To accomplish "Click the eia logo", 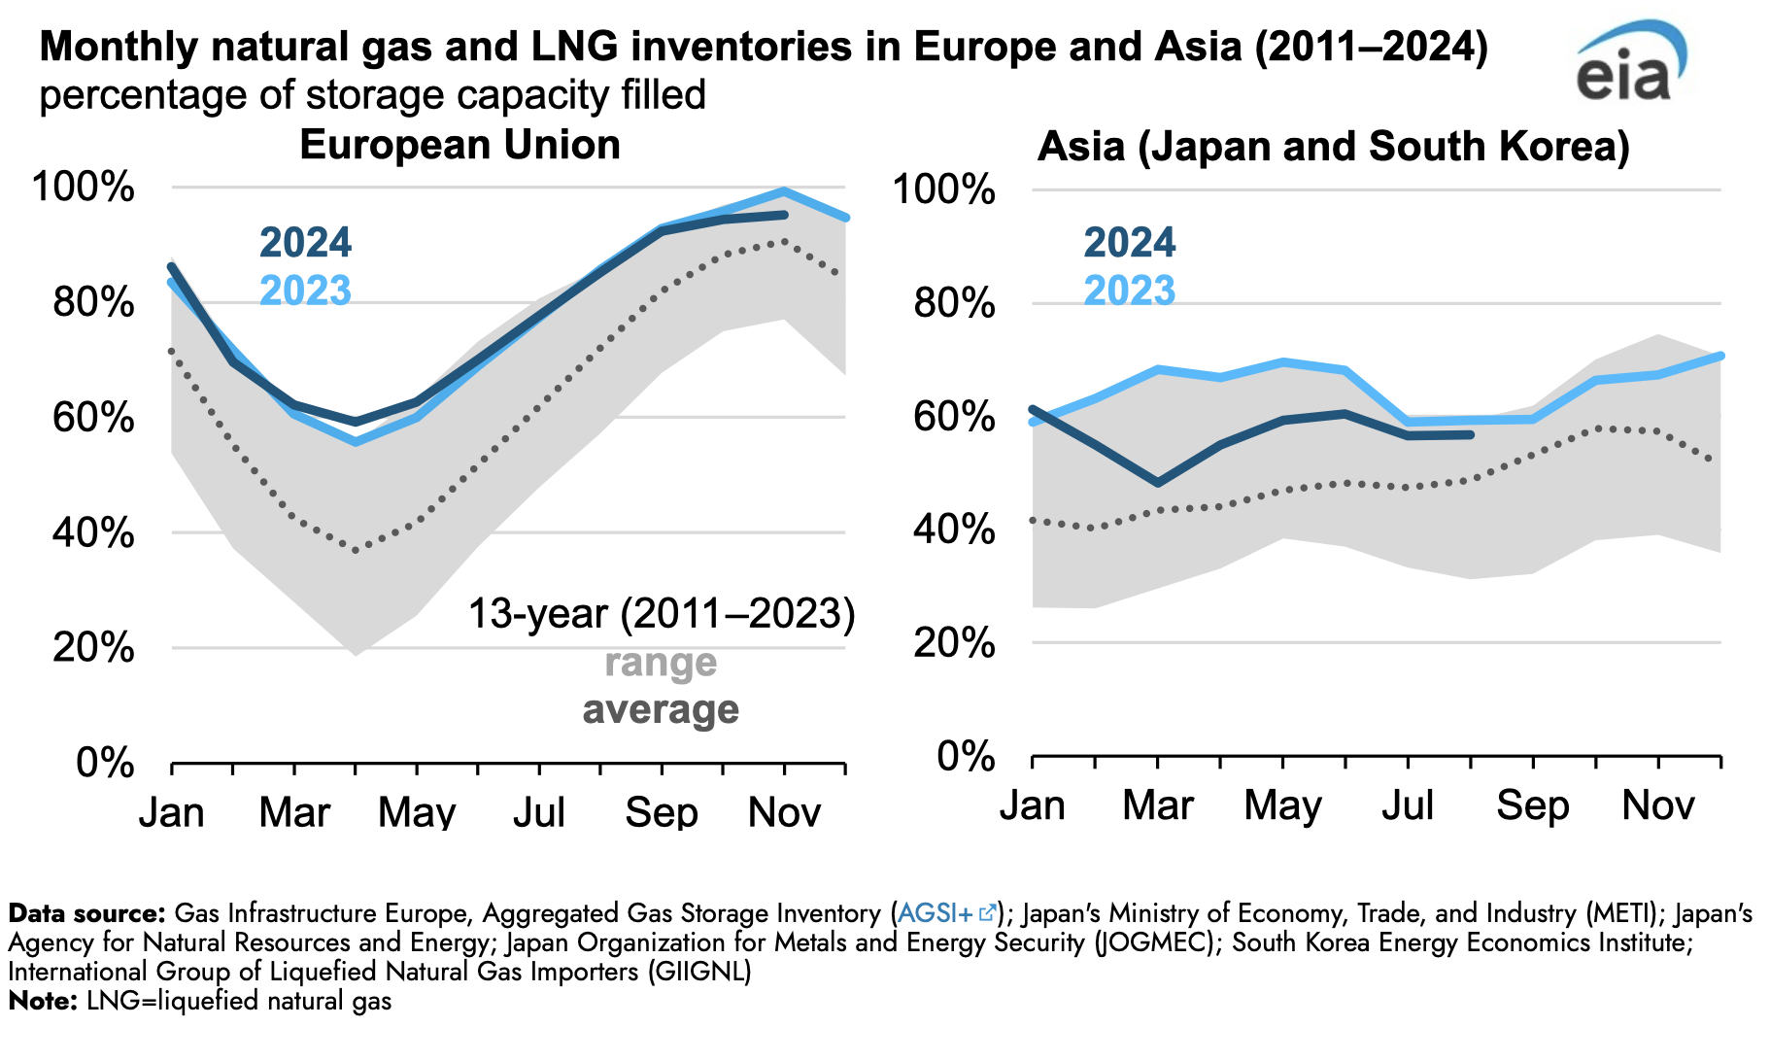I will (x=1629, y=63).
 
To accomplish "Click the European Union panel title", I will (x=460, y=146).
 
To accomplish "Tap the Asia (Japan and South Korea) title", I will (x=1333, y=148).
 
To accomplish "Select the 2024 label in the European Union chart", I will (x=305, y=243).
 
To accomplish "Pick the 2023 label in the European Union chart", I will (x=305, y=291).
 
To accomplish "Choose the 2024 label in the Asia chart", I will (x=1129, y=243).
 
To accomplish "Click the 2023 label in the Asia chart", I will (x=1129, y=291).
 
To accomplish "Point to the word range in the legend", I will (x=661, y=663).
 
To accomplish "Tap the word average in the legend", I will (x=661, y=710).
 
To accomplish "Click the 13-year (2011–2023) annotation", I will (x=661, y=614).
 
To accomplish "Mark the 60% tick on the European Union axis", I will (x=93, y=418).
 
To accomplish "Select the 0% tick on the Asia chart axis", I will (x=966, y=756).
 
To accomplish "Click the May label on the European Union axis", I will (x=417, y=812).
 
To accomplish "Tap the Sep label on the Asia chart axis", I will (x=1532, y=805).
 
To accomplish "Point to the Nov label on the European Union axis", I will (x=784, y=812).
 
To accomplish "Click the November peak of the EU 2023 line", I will (x=784, y=191).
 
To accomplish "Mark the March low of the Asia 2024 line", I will (x=1157, y=483).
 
